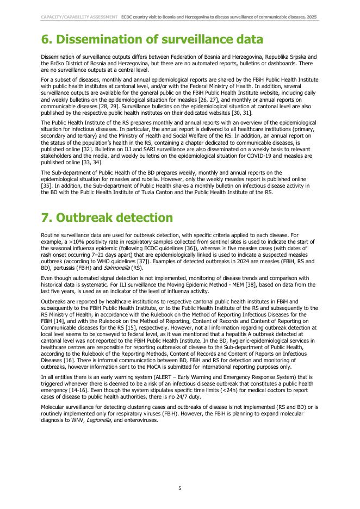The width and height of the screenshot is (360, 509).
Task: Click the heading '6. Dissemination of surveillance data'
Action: point(152,40)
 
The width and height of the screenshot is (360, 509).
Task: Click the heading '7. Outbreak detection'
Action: point(107,218)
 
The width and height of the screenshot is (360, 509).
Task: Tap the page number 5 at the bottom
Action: point(179,488)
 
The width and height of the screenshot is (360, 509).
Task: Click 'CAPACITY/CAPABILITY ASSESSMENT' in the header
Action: point(79,17)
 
